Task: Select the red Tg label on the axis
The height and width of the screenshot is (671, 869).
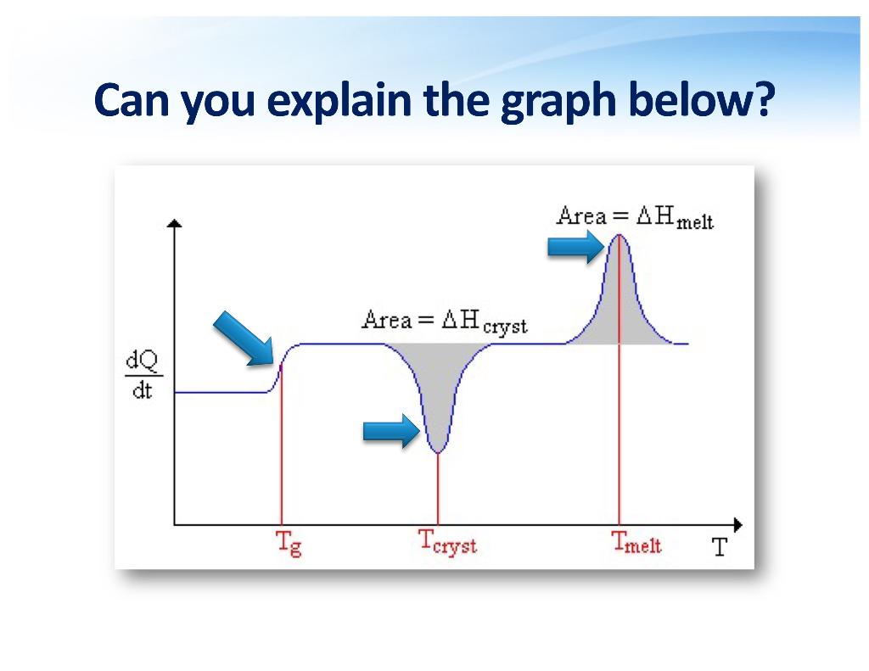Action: point(289,543)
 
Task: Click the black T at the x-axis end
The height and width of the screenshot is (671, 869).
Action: point(720,546)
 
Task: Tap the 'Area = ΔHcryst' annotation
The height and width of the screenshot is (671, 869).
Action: point(444,322)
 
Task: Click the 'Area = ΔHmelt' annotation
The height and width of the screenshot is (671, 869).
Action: point(635,217)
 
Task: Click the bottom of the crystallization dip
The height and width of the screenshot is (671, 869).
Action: point(438,452)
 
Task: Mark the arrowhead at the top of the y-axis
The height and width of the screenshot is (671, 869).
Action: point(175,223)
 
